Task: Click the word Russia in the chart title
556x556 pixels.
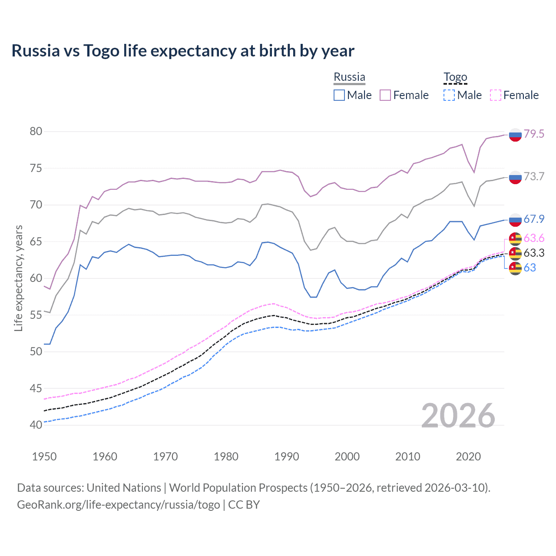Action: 36,51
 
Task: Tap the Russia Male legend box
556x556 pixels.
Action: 339,95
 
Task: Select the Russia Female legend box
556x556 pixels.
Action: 385,95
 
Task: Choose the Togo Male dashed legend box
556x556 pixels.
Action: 449,95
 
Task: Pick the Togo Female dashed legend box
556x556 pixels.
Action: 496,95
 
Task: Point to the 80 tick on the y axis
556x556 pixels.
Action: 36,132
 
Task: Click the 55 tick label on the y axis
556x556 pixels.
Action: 36,315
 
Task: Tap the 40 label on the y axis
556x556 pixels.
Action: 36,425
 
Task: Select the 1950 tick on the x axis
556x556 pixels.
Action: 44,457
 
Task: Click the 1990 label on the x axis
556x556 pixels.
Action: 287,457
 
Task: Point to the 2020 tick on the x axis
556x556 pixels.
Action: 468,457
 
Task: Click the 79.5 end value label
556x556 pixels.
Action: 534,134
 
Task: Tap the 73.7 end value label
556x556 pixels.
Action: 534,176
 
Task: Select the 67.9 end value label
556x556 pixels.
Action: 534,219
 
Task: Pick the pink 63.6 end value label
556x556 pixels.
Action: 534,238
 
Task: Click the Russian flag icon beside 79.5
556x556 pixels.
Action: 515,135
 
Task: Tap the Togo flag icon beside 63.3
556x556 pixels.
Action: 515,253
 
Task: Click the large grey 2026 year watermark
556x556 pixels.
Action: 458,416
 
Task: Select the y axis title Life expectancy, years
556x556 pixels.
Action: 18,278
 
